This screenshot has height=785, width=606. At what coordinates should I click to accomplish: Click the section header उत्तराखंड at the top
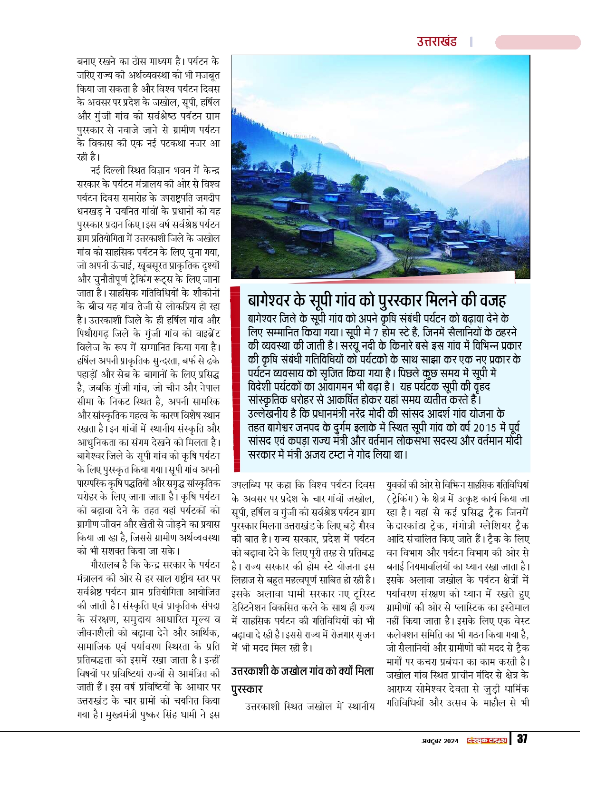tap(437, 42)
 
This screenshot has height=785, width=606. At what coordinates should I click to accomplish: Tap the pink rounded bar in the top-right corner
tap(538, 42)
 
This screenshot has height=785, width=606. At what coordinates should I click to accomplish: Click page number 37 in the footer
tap(522, 739)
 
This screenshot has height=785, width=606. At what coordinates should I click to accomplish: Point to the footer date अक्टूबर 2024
tap(440, 741)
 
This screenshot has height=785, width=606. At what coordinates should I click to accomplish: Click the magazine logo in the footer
tap(487, 741)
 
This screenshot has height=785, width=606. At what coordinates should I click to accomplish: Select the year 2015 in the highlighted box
tap(484, 427)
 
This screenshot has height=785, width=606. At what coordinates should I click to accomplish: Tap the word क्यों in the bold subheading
tap(338, 671)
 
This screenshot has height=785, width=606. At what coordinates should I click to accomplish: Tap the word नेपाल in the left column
tap(205, 388)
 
